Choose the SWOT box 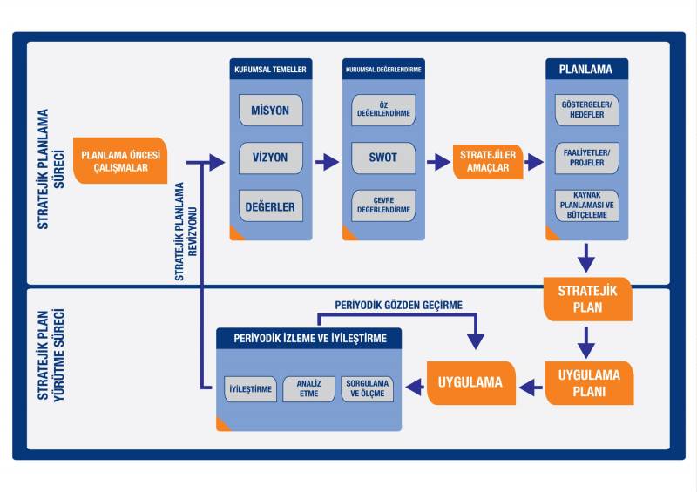382,158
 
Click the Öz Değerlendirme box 382,111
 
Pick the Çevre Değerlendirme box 382,206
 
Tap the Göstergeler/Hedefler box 587,111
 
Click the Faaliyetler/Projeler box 587,158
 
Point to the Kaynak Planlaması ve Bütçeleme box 587,206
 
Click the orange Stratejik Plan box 588,299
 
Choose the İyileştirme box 250,388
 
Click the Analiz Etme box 308,388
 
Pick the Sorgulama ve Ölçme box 368,388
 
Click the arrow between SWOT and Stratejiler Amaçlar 437,161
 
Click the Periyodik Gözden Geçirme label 398,305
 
